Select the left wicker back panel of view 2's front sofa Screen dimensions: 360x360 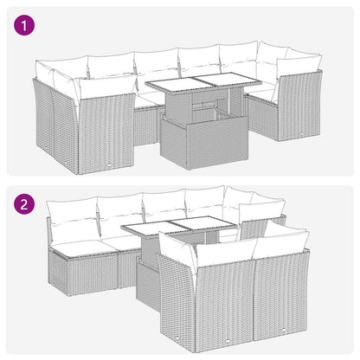[225, 307]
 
